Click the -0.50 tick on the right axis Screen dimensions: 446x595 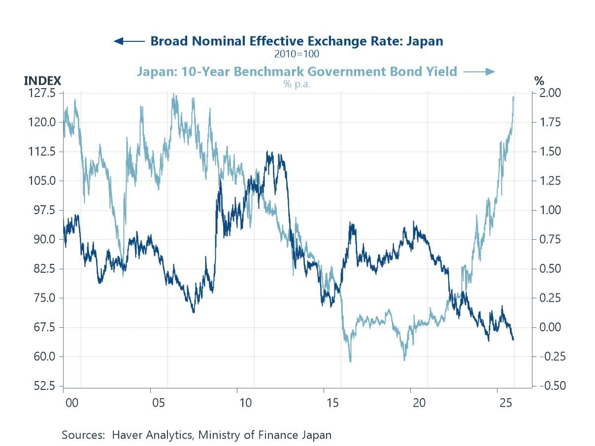(550, 386)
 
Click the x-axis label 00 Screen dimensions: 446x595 (71, 403)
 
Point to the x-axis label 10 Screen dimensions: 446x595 (245, 403)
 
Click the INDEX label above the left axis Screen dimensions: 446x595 (42, 81)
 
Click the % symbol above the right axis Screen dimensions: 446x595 (539, 81)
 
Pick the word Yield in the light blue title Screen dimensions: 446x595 (441, 72)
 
